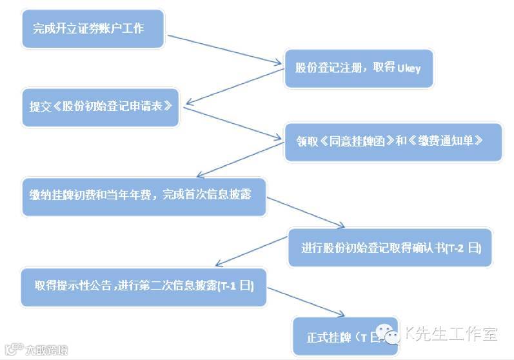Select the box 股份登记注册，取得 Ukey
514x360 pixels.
point(358,66)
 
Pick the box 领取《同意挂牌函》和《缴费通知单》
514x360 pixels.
point(393,141)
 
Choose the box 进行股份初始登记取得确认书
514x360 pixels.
point(390,247)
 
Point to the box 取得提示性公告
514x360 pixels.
point(141,286)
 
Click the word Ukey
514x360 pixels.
point(408,67)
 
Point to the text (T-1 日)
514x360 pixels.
point(235,286)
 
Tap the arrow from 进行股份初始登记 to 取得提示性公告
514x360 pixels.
point(252,252)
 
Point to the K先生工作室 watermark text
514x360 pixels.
point(451,334)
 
